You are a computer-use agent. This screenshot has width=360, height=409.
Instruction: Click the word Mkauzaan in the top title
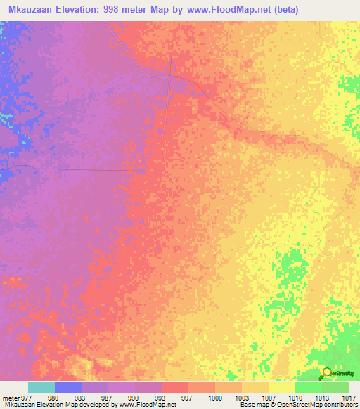point(30,10)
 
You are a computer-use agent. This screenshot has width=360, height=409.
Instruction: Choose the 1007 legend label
point(269,398)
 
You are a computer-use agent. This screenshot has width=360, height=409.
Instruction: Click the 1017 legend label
point(348,398)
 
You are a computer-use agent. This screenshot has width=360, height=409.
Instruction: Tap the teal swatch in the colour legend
point(41,387)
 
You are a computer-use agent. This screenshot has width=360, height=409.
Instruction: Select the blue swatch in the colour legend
point(68,387)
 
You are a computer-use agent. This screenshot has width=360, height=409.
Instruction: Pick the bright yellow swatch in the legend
point(282,387)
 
